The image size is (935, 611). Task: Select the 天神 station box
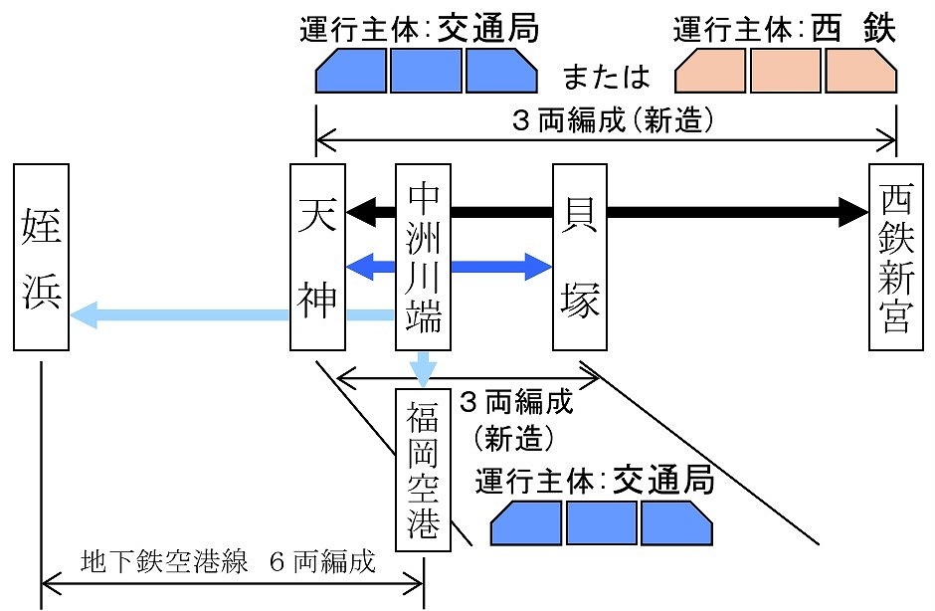coord(317,257)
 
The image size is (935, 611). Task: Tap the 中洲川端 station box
coord(424,257)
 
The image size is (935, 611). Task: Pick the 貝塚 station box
coord(580,257)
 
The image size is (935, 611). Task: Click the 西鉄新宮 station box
coord(896,257)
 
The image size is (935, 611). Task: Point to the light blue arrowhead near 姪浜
coord(86,315)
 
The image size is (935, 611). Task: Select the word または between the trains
coord(606,76)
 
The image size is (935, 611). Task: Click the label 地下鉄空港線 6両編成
coord(228,562)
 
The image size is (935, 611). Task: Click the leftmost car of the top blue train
coord(351,72)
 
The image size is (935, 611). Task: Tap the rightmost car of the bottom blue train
coord(675,522)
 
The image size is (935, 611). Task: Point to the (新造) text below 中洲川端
coord(514,436)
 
